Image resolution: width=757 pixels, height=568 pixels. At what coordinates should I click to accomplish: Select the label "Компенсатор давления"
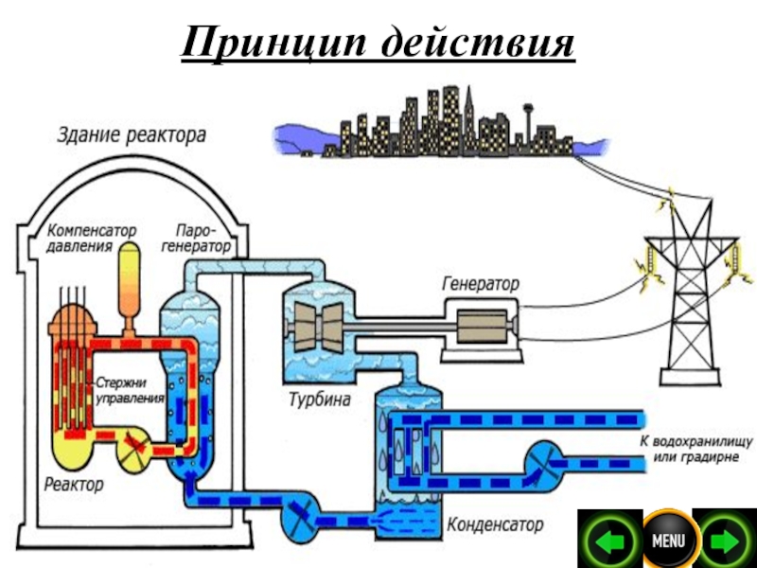click(91, 239)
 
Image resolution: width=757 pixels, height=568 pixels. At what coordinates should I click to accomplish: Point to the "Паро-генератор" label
click(202, 239)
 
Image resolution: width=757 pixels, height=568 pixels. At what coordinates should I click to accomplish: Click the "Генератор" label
click(481, 284)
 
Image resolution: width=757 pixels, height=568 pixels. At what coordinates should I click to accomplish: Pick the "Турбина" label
click(319, 400)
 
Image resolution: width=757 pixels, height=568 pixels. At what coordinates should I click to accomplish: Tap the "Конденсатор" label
click(494, 523)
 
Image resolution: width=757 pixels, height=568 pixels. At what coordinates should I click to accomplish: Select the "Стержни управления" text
click(131, 391)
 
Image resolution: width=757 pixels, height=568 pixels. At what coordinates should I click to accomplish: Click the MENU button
click(668, 541)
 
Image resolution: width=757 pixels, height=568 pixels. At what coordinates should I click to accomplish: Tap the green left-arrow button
click(609, 541)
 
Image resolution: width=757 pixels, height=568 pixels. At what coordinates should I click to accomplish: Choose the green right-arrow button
click(725, 541)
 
